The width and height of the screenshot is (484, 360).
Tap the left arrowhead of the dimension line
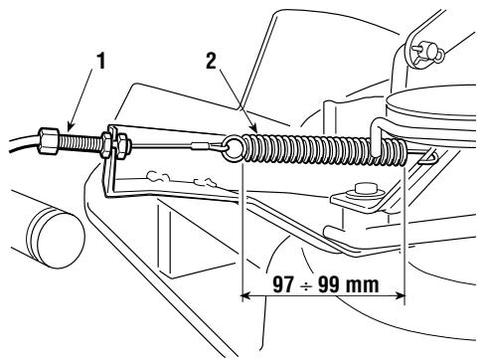(x=246, y=293)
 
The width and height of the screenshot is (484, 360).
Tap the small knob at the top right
(x=421, y=51)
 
